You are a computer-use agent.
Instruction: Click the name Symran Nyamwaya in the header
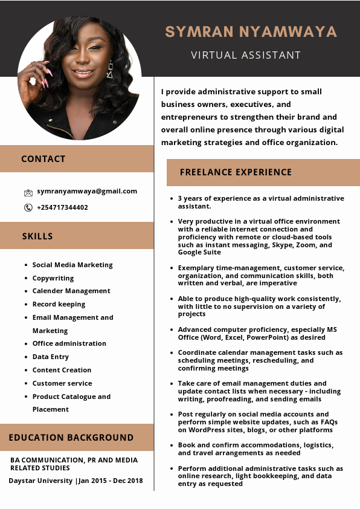tap(251, 31)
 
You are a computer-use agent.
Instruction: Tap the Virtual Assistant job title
tap(246, 55)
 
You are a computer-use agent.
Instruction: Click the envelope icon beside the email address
tap(28, 192)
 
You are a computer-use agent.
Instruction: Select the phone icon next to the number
tap(28, 207)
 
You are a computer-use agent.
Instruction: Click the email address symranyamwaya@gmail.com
tap(87, 191)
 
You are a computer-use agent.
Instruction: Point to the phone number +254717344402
tap(62, 207)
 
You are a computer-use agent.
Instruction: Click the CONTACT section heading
tap(43, 159)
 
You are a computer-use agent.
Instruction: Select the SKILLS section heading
tap(37, 236)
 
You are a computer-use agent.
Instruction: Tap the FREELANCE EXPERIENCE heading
tap(236, 172)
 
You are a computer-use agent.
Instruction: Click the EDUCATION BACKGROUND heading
tap(71, 438)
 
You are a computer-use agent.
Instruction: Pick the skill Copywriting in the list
tap(53, 278)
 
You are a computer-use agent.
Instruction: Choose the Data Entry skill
tap(51, 357)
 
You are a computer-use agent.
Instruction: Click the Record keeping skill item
tap(59, 304)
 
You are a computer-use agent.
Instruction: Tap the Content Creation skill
tap(62, 370)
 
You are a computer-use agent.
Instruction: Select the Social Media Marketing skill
tap(72, 265)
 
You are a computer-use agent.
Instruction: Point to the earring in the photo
tap(110, 71)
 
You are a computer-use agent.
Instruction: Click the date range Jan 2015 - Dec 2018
tap(111, 481)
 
